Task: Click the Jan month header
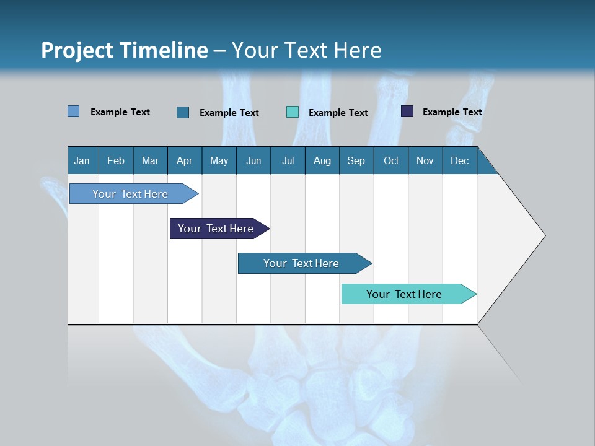pyautogui.click(x=82, y=160)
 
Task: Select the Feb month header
pyautogui.click(x=116, y=160)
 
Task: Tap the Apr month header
pyautogui.click(x=184, y=160)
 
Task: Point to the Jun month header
pyautogui.click(x=253, y=160)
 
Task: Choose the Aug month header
pyautogui.click(x=322, y=160)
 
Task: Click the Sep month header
pyautogui.click(x=356, y=160)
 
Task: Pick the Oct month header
pyautogui.click(x=391, y=160)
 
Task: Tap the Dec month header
pyautogui.click(x=459, y=160)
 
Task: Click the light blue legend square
pyautogui.click(x=74, y=111)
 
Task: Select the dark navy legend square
pyautogui.click(x=407, y=111)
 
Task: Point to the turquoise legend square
pyautogui.click(x=293, y=112)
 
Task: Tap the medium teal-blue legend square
pyautogui.click(x=183, y=112)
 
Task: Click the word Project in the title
pyautogui.click(x=77, y=50)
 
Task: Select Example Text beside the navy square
pyautogui.click(x=452, y=112)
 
